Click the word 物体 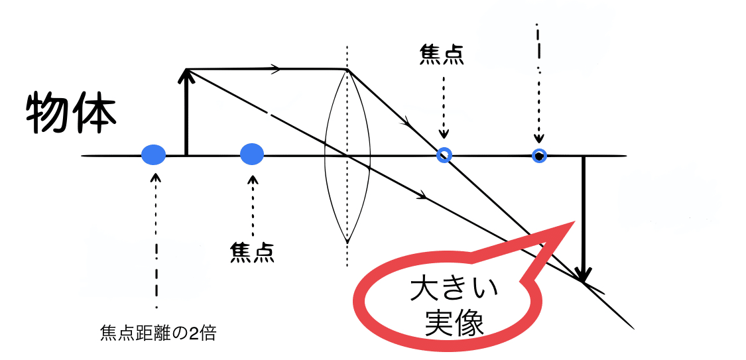[72, 114]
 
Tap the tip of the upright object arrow [187, 70]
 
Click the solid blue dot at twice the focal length [153, 155]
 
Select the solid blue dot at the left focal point [252, 154]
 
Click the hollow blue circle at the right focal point [444, 155]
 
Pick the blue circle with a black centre [539, 156]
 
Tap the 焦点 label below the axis [252, 252]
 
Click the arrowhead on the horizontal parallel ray [276, 69]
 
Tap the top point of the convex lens [347, 70]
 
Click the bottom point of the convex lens [347, 240]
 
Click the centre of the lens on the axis [347, 156]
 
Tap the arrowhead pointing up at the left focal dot [252, 177]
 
